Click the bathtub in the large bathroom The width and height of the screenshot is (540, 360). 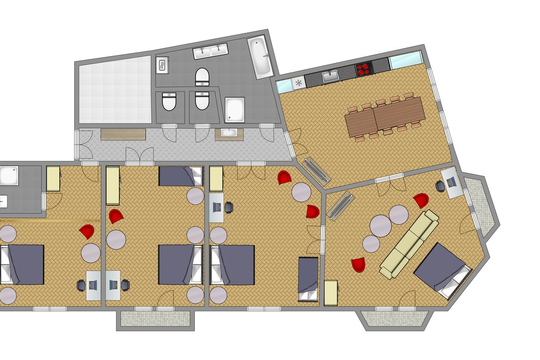(260, 57)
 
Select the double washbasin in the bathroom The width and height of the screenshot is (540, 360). (211, 52)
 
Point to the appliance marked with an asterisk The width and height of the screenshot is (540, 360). (298, 82)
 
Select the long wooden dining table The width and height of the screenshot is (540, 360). (385, 117)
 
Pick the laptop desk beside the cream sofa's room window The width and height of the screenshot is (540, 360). (451, 182)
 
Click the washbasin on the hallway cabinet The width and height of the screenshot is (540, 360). (229, 134)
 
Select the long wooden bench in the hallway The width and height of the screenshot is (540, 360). (123, 134)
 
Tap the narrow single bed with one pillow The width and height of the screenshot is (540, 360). (308, 279)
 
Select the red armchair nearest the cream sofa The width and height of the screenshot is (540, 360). (421, 201)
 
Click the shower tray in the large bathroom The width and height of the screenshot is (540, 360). (234, 109)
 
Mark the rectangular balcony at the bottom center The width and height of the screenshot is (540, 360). (155, 319)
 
